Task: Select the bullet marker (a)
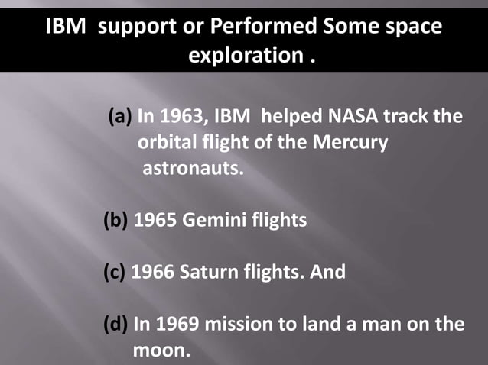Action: point(120,118)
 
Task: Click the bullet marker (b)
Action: point(115,221)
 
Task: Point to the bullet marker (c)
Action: point(115,272)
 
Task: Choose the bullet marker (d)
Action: point(115,324)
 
